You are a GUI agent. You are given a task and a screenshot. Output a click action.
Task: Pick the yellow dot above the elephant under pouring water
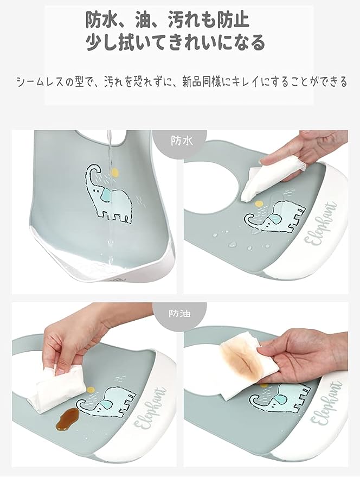coord(114,172)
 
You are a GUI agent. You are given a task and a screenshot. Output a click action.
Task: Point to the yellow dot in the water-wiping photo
coord(259,203)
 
